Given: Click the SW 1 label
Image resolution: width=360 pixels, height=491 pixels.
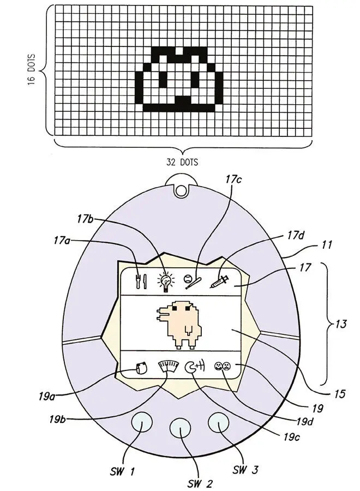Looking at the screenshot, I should [x=118, y=471].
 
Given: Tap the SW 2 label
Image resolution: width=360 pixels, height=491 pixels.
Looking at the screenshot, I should [x=200, y=483].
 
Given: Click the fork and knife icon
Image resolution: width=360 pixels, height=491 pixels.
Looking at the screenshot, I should [x=141, y=281].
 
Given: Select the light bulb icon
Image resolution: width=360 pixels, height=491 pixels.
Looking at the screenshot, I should [x=164, y=281].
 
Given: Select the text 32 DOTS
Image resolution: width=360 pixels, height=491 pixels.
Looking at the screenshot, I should [x=182, y=162].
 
